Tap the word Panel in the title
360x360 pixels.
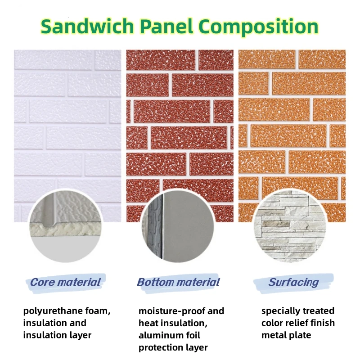[175, 27]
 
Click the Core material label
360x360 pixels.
[66, 283]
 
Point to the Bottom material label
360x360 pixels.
[179, 283]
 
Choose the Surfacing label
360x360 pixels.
[293, 283]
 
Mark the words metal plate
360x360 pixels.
[286, 335]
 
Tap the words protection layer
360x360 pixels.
[173, 347]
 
